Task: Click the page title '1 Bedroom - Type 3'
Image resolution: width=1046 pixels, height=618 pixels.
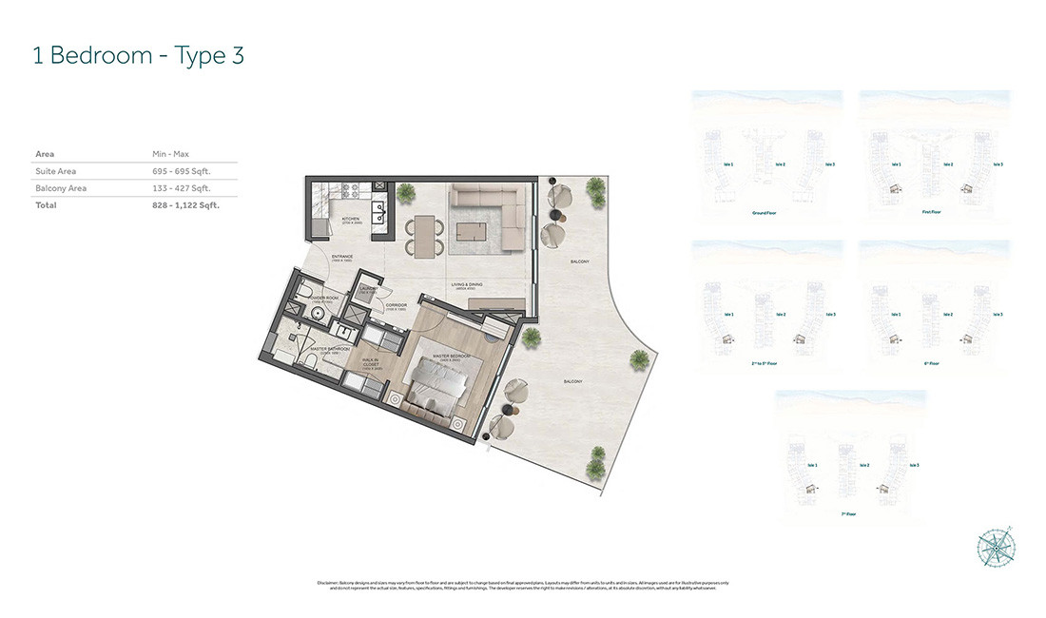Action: click(139, 55)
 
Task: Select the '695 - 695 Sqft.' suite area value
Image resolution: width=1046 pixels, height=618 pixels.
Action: click(181, 171)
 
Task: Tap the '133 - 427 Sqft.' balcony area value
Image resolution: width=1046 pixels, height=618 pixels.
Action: click(181, 188)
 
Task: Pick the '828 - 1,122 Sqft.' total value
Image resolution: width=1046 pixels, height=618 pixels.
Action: click(185, 204)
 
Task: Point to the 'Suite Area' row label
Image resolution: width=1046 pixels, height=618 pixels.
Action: click(55, 171)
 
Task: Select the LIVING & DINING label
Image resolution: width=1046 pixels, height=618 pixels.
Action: click(468, 284)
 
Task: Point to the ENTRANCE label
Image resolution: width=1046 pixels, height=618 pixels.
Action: click(342, 257)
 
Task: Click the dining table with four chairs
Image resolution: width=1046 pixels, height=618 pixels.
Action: click(423, 235)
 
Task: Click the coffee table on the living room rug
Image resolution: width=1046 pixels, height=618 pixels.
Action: click(471, 232)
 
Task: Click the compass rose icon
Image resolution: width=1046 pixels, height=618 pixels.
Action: click(996, 549)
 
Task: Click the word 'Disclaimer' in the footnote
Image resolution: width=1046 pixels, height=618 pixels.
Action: click(327, 583)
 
